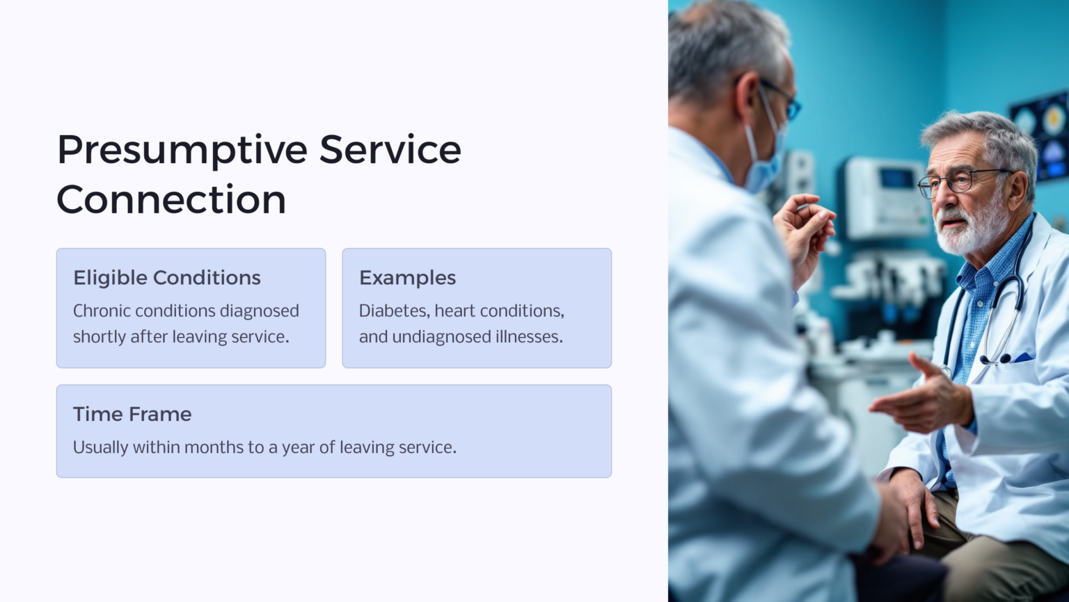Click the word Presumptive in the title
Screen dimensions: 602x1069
182,150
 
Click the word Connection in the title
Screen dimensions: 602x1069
171,200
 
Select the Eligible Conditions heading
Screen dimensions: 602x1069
167,277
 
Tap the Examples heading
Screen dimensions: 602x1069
407,277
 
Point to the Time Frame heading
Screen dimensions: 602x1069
132,414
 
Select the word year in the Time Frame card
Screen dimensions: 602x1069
298,447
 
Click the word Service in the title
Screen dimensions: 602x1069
390,150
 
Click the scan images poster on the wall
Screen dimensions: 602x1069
1040,132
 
